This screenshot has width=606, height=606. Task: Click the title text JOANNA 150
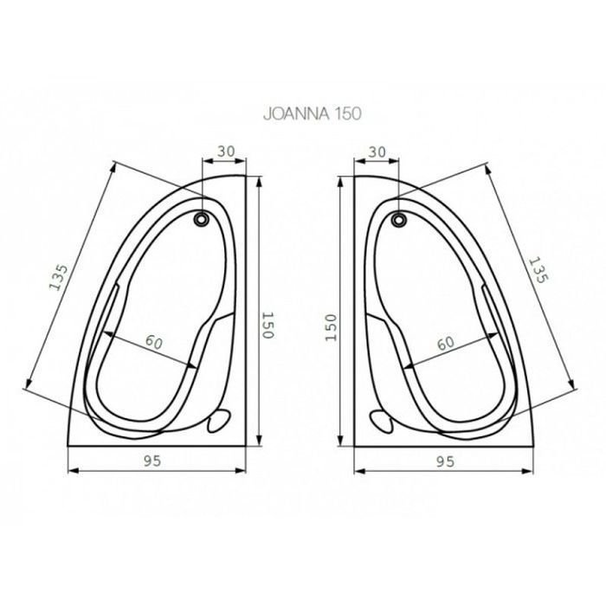[x=313, y=114]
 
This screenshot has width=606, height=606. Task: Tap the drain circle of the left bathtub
[x=201, y=219]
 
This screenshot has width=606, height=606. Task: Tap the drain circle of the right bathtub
[x=398, y=220]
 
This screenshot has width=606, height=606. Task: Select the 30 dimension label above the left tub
[x=226, y=151]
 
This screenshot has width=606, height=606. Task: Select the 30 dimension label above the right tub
[x=377, y=151]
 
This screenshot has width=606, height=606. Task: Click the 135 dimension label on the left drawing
[x=59, y=277]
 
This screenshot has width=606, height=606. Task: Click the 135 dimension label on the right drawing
[x=538, y=270]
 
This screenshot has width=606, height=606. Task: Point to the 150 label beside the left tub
[x=268, y=325]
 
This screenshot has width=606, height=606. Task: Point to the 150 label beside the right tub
[x=332, y=327]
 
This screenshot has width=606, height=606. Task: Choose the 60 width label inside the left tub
[x=154, y=342]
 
